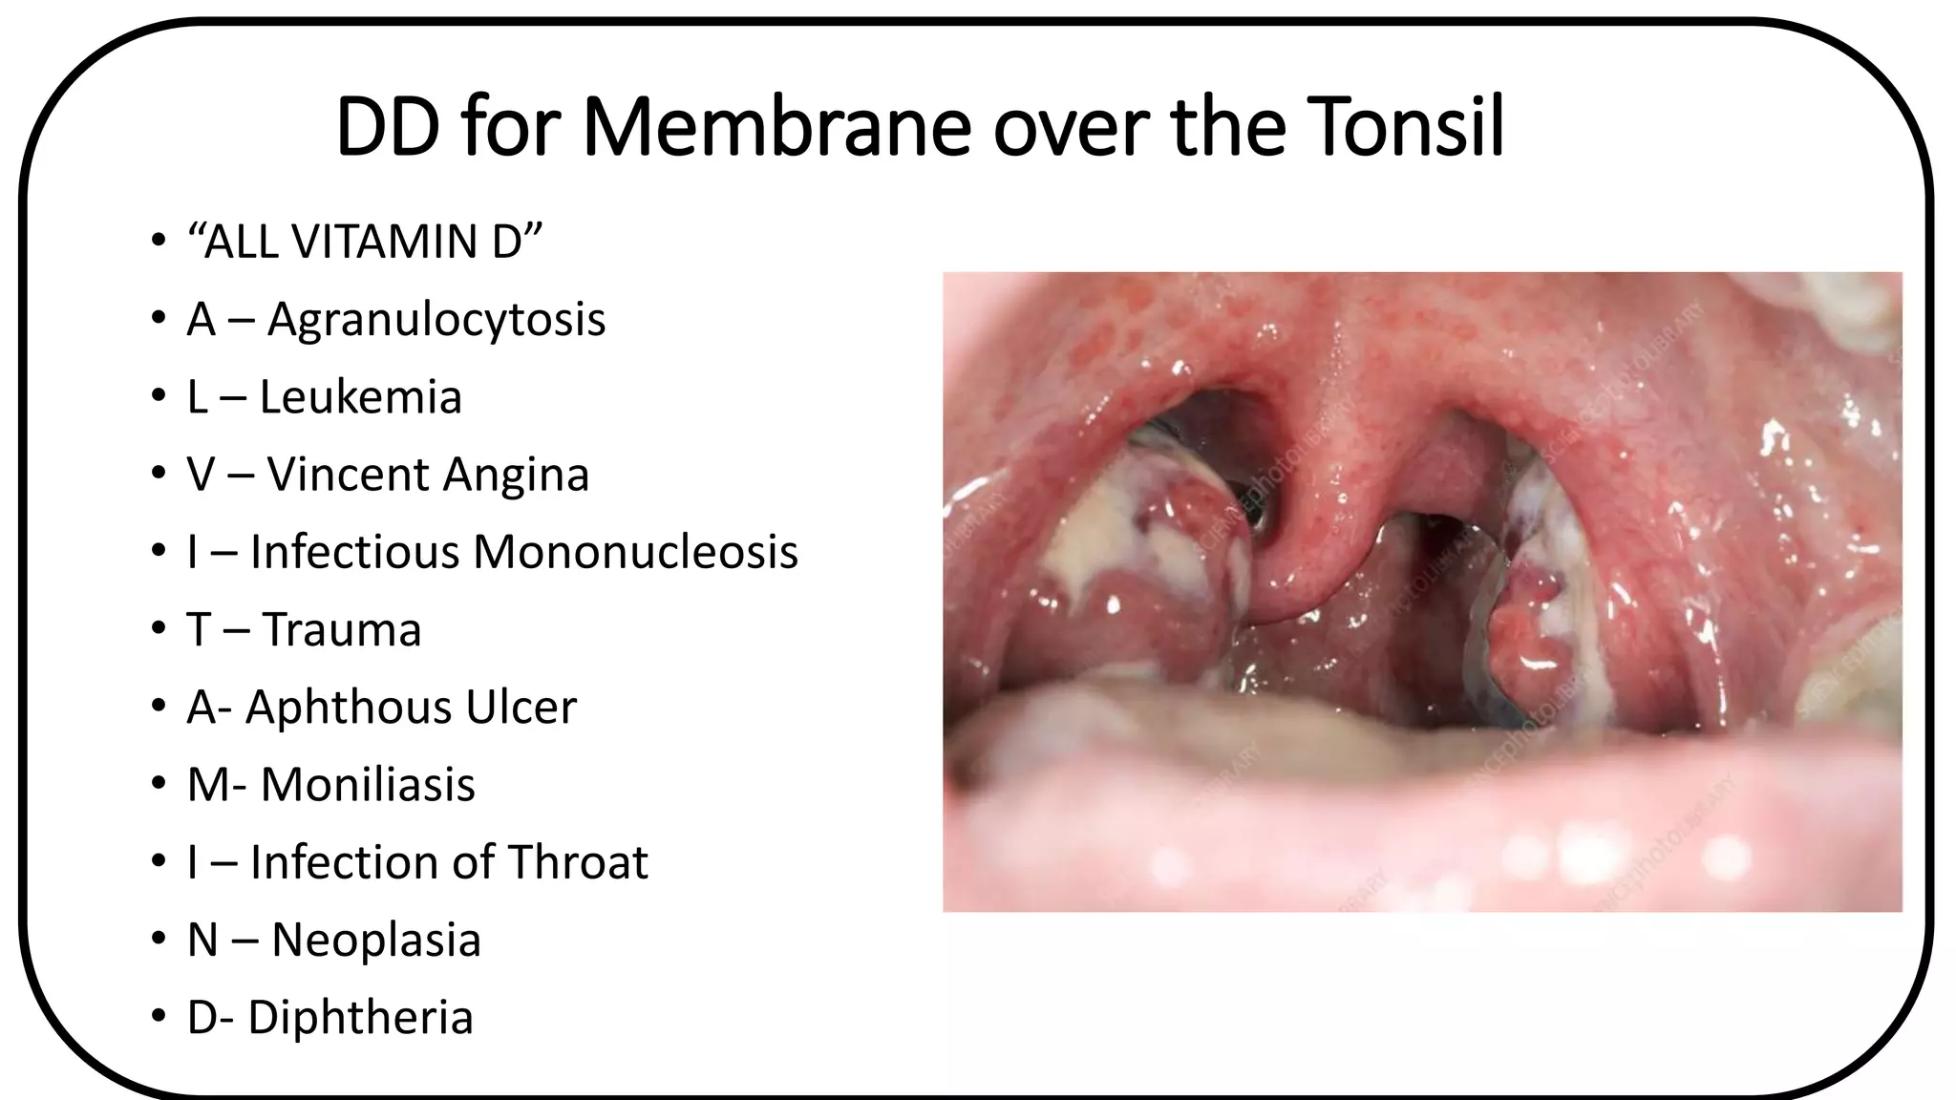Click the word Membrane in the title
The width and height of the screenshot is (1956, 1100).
tap(776, 127)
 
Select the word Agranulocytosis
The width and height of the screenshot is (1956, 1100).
tap(436, 320)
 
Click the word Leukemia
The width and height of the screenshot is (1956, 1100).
tap(360, 397)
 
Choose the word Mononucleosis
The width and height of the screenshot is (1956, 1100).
tap(635, 552)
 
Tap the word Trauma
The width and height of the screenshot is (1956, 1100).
tap(341, 630)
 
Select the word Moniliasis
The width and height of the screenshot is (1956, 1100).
tap(368, 785)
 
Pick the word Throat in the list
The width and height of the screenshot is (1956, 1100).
tap(578, 862)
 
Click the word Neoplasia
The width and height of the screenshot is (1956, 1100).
tap(376, 940)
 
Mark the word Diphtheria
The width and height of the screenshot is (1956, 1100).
tap(360, 1017)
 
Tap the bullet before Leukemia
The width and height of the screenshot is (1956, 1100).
tap(158, 396)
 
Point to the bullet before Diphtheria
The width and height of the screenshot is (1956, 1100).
tap(158, 1016)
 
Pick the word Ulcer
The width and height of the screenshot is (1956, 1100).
tap(521, 708)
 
